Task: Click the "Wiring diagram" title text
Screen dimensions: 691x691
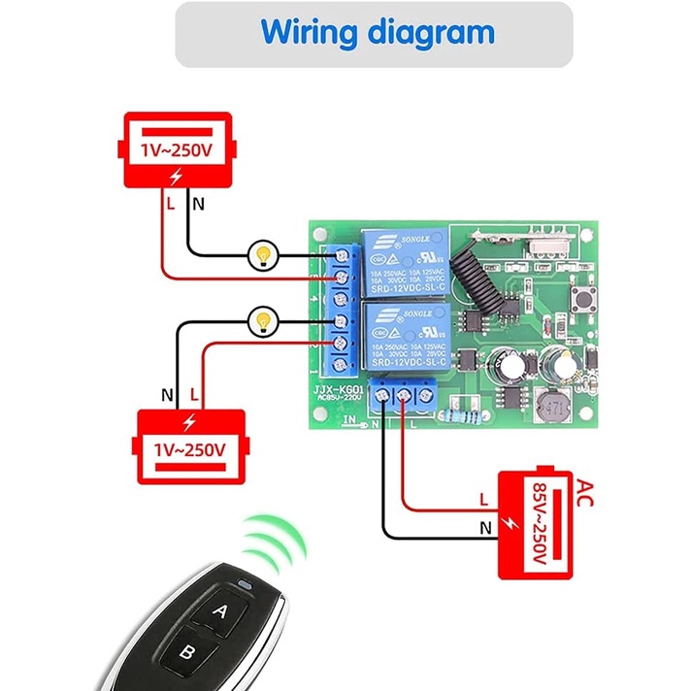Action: point(377,33)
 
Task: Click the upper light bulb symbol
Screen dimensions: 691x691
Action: point(261,254)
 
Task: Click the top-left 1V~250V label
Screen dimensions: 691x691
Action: point(175,150)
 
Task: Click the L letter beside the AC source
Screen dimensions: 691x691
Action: point(483,501)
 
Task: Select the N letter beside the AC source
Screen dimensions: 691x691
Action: point(483,529)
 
